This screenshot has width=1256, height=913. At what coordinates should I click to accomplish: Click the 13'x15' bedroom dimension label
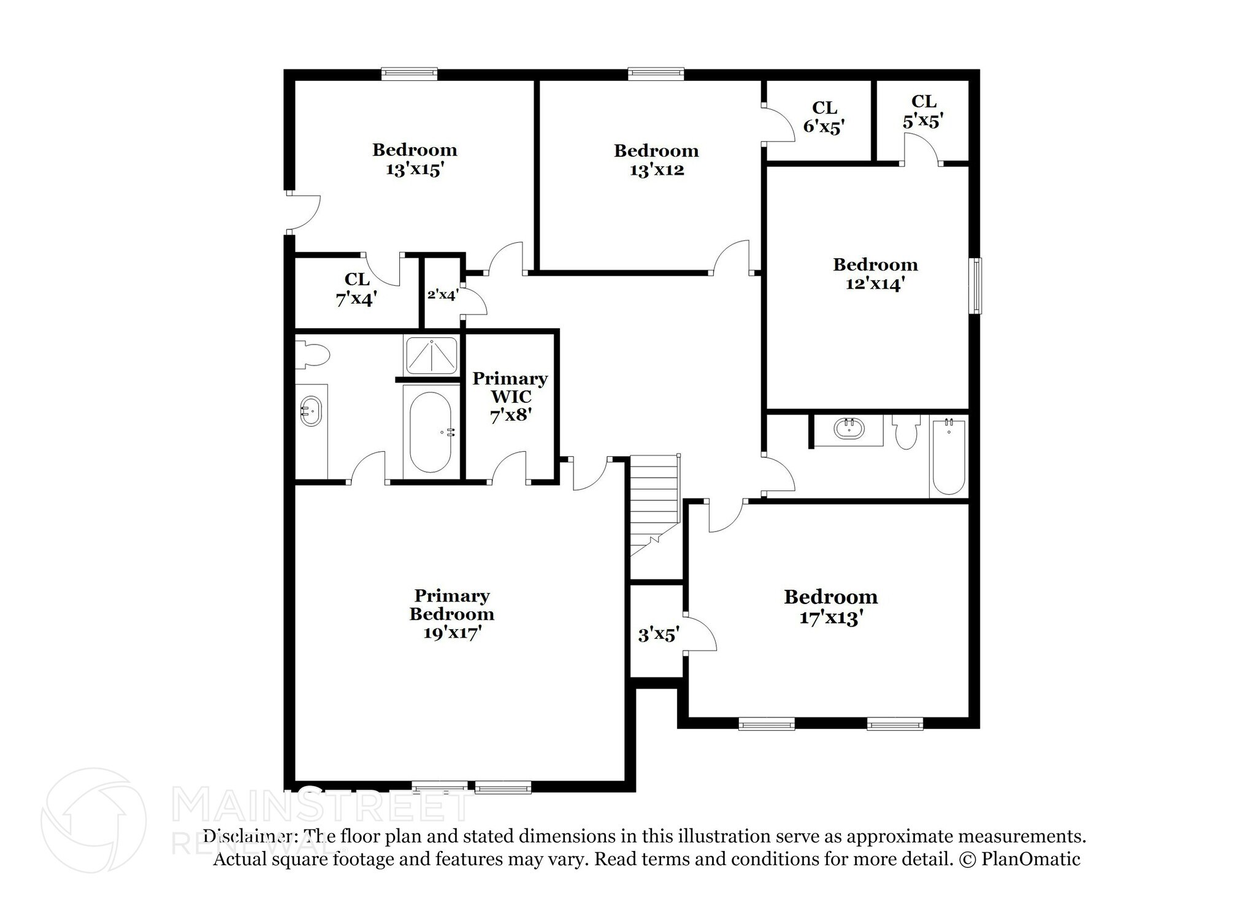pyautogui.click(x=415, y=170)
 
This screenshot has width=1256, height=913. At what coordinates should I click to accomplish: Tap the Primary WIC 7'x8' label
pyautogui.click(x=510, y=397)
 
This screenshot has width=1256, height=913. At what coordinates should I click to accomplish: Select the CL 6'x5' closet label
pyautogui.click(x=824, y=117)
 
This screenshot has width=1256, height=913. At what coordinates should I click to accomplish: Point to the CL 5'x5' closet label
pyautogui.click(x=923, y=111)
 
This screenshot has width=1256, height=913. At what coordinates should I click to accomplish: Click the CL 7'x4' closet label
pyautogui.click(x=356, y=289)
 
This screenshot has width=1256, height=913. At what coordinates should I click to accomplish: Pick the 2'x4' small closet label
pyautogui.click(x=443, y=295)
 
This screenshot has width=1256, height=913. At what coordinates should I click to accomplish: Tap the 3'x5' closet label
pyautogui.click(x=658, y=634)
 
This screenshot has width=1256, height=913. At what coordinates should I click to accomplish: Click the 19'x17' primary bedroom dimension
pyautogui.click(x=451, y=633)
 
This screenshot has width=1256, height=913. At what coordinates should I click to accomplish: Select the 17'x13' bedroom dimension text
pyautogui.click(x=831, y=617)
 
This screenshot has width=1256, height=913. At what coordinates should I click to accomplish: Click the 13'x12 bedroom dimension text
pyautogui.click(x=656, y=170)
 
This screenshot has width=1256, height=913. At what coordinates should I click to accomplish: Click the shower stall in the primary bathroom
pyautogui.click(x=431, y=355)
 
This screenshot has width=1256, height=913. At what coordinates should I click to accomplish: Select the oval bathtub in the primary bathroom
pyautogui.click(x=430, y=432)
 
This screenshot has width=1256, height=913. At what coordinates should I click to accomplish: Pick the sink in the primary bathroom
pyautogui.click(x=310, y=411)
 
